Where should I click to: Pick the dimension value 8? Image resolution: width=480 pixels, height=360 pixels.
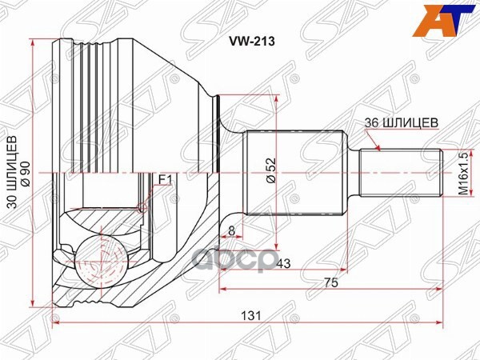pyautogui.click(x=231, y=232)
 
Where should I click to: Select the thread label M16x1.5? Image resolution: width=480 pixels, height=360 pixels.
pyautogui.click(x=461, y=172)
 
